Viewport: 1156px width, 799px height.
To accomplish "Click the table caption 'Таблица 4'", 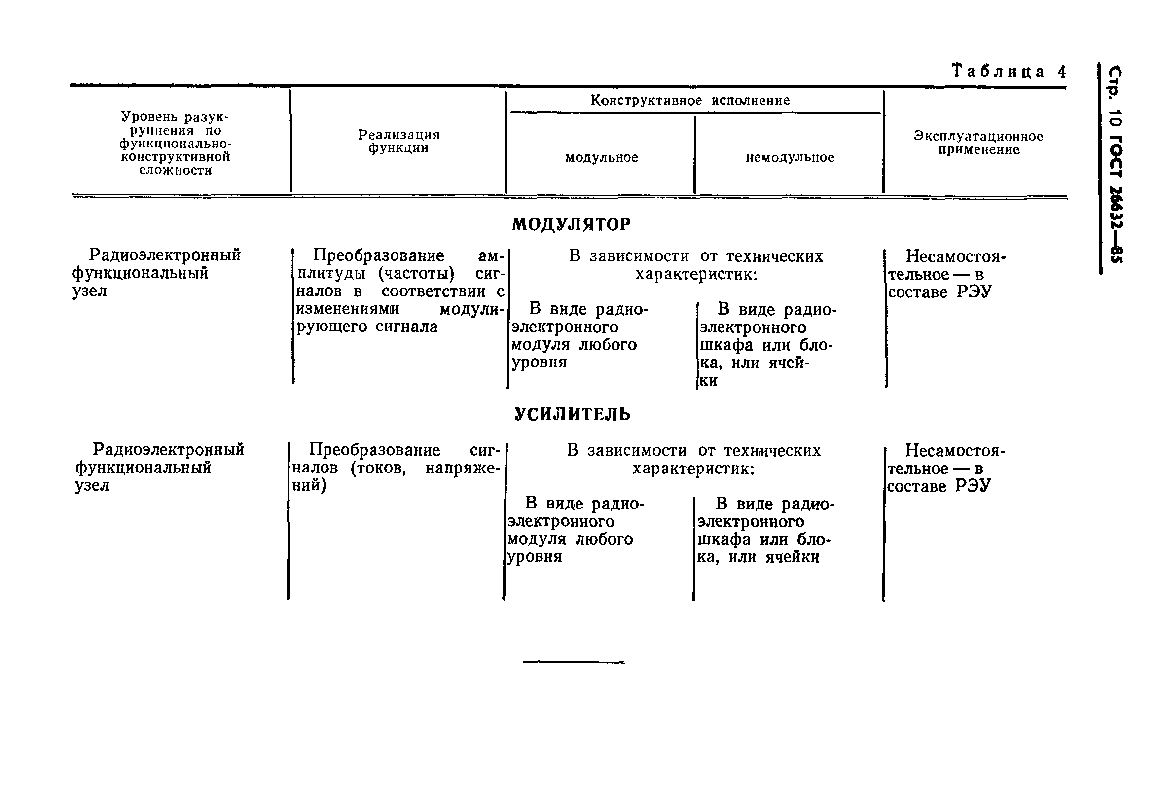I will point(1009,72).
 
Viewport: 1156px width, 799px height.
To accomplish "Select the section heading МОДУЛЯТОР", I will point(571,224).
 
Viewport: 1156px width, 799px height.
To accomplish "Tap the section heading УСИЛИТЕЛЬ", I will point(572,414).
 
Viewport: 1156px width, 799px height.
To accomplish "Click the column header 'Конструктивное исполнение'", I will point(690,101).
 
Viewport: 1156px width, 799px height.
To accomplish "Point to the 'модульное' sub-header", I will point(601,158).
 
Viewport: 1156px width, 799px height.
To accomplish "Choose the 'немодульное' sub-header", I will point(790,158).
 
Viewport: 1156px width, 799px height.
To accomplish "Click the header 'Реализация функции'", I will point(398,141).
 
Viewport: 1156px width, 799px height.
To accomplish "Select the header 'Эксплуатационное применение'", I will point(978,143).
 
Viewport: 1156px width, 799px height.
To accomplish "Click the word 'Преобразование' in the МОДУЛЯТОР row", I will point(378,256).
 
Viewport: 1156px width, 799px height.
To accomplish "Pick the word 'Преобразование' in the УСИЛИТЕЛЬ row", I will point(374,450).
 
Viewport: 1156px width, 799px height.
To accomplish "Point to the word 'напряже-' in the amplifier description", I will point(463,469).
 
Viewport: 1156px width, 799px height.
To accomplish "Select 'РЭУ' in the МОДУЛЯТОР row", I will point(974,292).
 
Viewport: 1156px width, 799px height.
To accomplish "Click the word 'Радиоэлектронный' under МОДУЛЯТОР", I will point(165,255).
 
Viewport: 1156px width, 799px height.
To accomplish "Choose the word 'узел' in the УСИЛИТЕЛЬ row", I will point(92,486).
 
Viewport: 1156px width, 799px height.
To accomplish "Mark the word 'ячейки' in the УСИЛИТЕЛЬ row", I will point(792,557).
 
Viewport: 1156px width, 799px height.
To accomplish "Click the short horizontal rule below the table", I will point(573,662).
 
